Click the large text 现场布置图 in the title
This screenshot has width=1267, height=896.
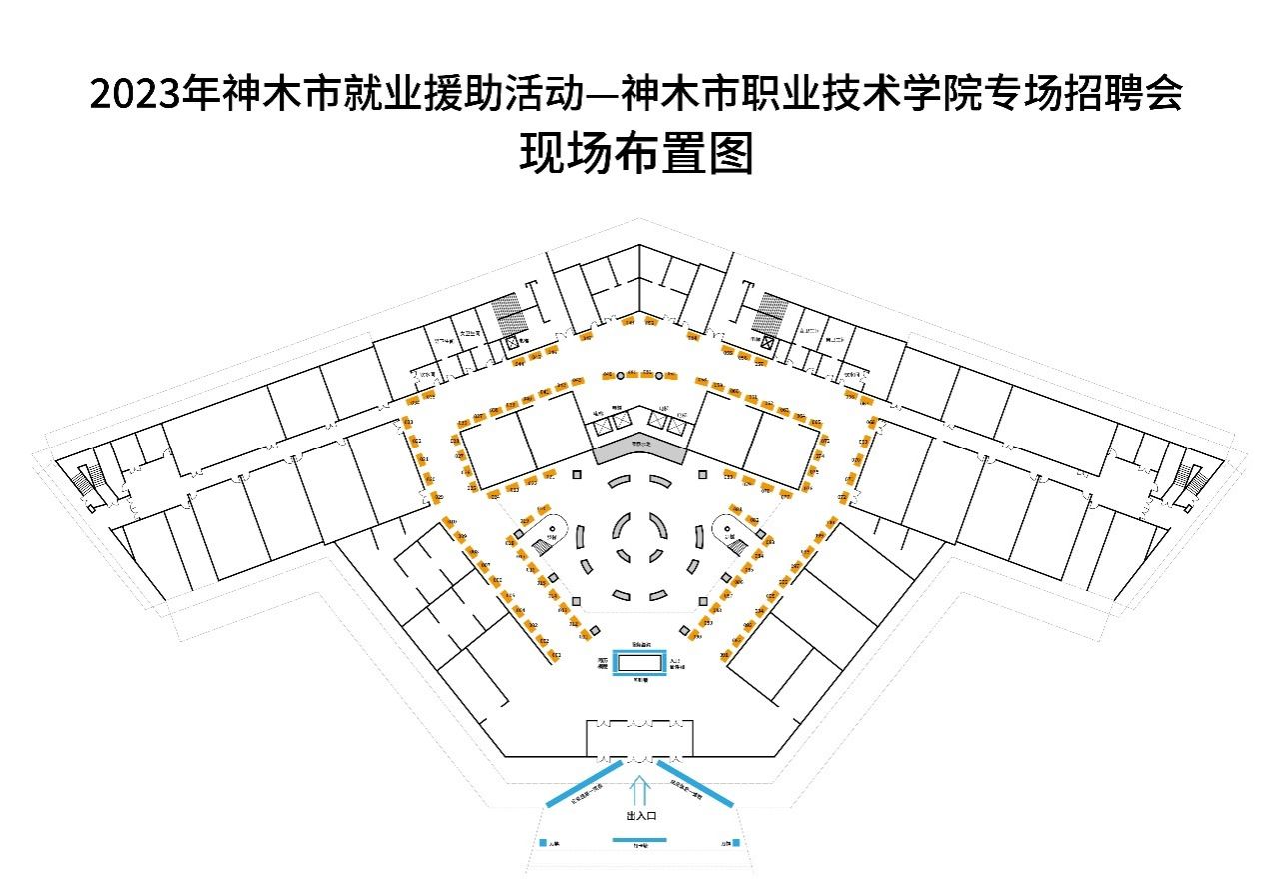pos(635,155)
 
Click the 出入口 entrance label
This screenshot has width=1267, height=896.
pos(640,816)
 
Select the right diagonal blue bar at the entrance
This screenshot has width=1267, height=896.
pos(696,784)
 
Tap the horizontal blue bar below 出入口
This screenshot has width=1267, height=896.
pos(639,840)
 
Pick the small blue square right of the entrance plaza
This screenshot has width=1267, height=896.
pos(736,843)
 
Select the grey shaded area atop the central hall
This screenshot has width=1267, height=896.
pos(639,450)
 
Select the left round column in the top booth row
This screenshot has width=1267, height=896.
pos(620,375)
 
